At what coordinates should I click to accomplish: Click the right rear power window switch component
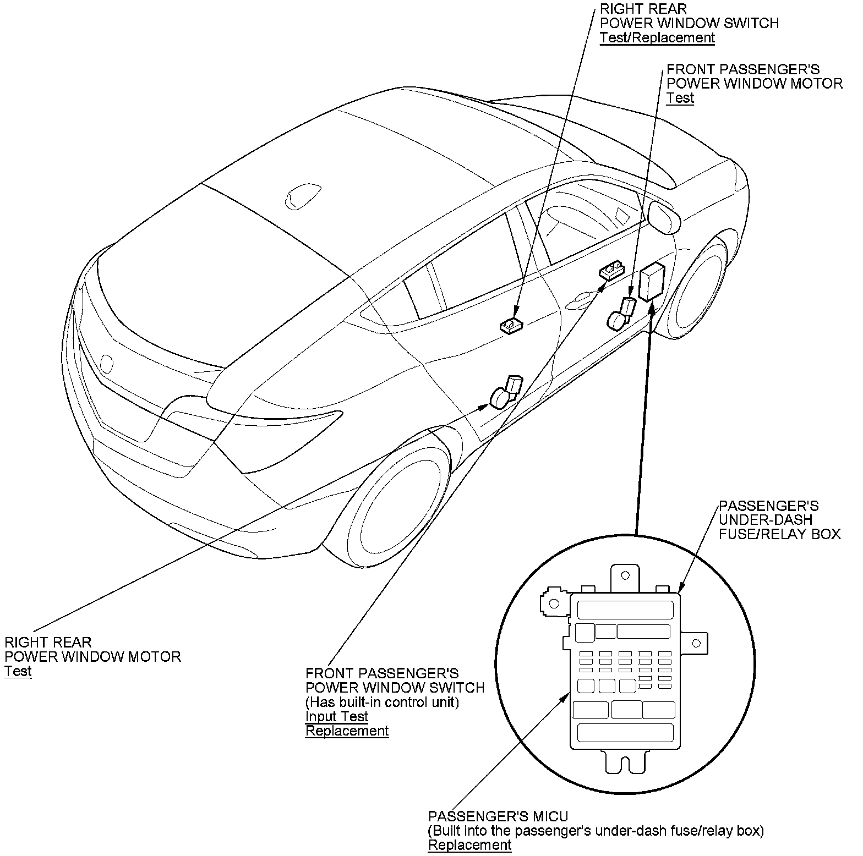[x=511, y=326]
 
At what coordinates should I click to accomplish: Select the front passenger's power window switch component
[x=611, y=270]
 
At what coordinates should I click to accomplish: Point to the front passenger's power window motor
[x=620, y=316]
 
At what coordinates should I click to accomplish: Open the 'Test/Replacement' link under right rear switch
[x=657, y=38]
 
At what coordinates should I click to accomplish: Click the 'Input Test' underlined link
[x=336, y=716]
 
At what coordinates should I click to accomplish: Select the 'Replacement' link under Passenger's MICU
[x=469, y=845]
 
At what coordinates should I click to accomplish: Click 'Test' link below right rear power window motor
[x=18, y=671]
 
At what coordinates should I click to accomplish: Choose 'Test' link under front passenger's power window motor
[x=680, y=98]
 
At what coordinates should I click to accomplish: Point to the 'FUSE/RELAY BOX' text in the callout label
[x=779, y=534]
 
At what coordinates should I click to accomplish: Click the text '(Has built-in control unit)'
[x=382, y=702]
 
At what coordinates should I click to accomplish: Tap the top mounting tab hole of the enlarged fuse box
[x=625, y=576]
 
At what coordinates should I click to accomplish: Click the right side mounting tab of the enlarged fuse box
[x=696, y=643]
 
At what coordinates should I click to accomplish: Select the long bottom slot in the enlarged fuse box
[x=625, y=732]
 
